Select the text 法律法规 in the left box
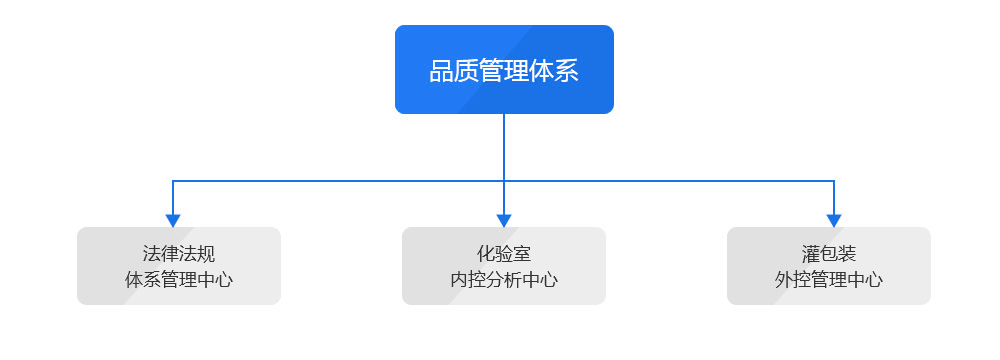click(x=179, y=254)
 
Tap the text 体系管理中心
click(x=179, y=280)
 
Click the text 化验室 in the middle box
click(x=504, y=254)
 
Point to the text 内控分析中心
click(x=504, y=280)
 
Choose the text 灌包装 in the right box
click(x=829, y=254)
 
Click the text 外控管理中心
click(x=829, y=280)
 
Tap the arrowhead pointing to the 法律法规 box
click(x=173, y=220)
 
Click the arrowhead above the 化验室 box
click(x=504, y=220)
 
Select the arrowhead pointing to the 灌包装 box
click(x=834, y=220)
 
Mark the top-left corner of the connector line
click(x=173, y=181)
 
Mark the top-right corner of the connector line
click(x=834, y=181)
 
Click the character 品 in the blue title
click(x=441, y=72)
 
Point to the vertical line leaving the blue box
click(x=504, y=146)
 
